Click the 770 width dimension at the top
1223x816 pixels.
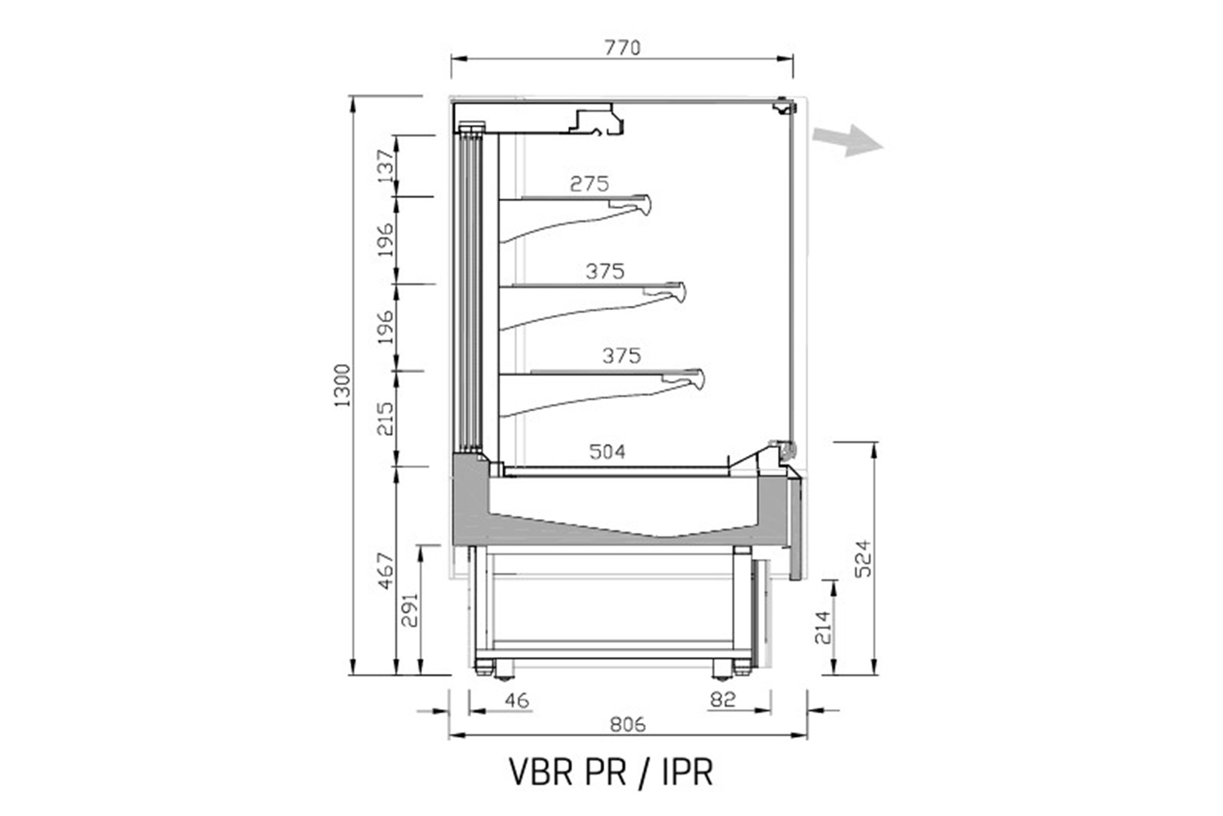pos(622,48)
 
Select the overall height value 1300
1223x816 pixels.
pos(342,385)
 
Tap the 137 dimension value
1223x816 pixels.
pos(386,166)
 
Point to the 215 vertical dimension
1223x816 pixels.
pos(386,419)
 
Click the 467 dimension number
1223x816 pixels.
pos(386,571)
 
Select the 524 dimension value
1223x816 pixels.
pos(863,559)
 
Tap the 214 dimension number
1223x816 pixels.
pos(823,628)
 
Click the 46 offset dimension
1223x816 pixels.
pos(516,701)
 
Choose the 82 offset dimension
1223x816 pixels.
pos(723,699)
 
